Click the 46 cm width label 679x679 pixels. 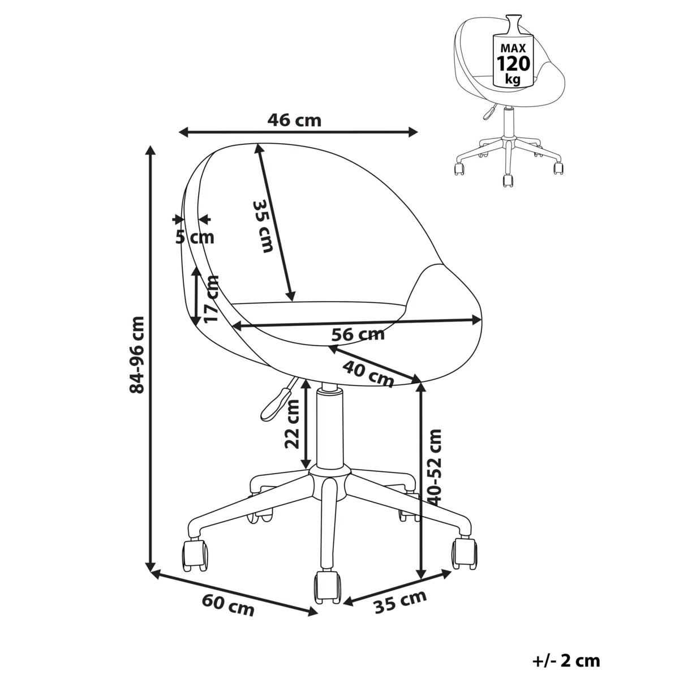pyautogui.click(x=294, y=121)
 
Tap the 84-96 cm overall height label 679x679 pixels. pyautogui.click(x=137, y=355)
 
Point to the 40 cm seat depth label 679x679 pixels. pyautogui.click(x=368, y=374)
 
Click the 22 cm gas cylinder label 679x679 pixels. pyautogui.click(x=292, y=424)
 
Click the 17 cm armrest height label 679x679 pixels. pyautogui.click(x=211, y=299)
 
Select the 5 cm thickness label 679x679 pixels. pyautogui.click(x=195, y=238)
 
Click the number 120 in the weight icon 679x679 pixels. pyautogui.click(x=513, y=64)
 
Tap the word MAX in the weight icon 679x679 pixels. pyautogui.click(x=513, y=47)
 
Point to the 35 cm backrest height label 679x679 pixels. pyautogui.click(x=263, y=226)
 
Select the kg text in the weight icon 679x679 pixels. pyautogui.click(x=513, y=80)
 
